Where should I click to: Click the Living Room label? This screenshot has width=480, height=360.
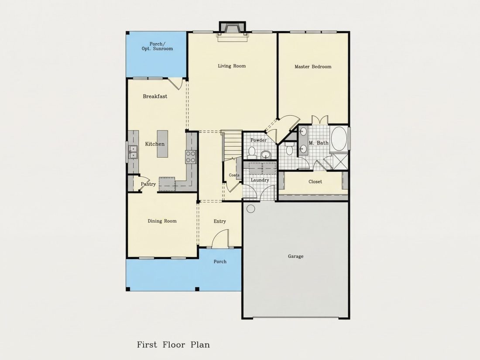(232, 66)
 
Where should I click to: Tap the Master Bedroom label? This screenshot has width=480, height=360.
(313, 66)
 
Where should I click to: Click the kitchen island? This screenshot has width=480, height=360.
(163, 144)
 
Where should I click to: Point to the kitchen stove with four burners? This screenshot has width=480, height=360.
(190, 156)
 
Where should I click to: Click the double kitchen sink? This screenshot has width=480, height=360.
(133, 152)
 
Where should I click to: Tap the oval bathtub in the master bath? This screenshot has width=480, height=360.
(339, 139)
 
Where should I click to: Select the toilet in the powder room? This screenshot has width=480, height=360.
(252, 152)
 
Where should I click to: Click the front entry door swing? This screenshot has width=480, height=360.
(220, 238)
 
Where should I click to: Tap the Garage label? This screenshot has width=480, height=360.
(296, 256)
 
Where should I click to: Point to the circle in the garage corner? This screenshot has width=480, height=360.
(251, 209)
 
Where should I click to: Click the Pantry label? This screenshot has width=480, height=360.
(148, 184)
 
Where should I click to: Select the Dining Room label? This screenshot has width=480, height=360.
(162, 221)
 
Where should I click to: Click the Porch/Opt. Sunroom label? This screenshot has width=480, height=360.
(157, 46)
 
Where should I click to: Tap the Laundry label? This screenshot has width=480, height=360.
(260, 180)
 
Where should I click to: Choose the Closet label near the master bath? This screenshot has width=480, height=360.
(315, 182)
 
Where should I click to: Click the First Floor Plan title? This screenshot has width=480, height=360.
(173, 345)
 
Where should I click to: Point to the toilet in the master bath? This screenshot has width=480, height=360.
(289, 148)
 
